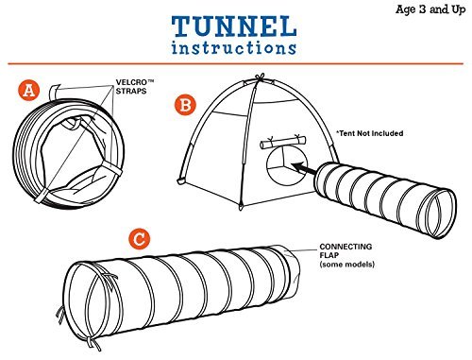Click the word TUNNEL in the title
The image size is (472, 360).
tap(234, 26)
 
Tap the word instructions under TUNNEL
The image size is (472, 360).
tap(234, 47)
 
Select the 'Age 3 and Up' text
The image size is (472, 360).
tap(430, 9)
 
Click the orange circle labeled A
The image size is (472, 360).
tap(29, 91)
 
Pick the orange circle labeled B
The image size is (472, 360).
tap(185, 105)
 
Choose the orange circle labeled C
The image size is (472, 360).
tap(140, 239)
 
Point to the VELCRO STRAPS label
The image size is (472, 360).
tap(135, 87)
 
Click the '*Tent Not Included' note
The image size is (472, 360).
tap(369, 133)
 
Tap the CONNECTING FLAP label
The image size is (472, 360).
tap(346, 250)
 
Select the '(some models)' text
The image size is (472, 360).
tap(347, 264)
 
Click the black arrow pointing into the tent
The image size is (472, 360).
tap(304, 168)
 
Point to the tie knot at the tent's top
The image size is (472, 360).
tap(260, 77)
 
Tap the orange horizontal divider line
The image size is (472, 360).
tap(235, 63)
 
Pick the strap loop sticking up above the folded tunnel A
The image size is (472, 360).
tap(55, 92)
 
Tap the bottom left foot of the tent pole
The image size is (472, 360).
tap(181, 181)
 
